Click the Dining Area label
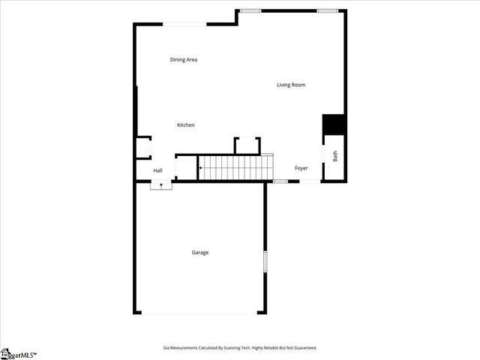coord(183,59)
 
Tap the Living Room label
coord(291,85)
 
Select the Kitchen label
coord(185,124)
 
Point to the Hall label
coord(157,171)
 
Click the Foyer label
coord(301,168)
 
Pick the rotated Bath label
coord(335,157)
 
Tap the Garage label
coord(200,253)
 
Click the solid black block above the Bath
coord(333,124)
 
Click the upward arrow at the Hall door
coord(161,184)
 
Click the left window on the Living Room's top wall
coord(250,10)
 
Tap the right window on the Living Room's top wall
coord(327,10)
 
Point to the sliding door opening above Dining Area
coord(185,25)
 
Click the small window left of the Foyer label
coord(280,181)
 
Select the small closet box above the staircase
coord(247,146)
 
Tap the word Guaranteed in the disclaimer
coord(304,348)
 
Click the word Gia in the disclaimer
coord(166,348)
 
